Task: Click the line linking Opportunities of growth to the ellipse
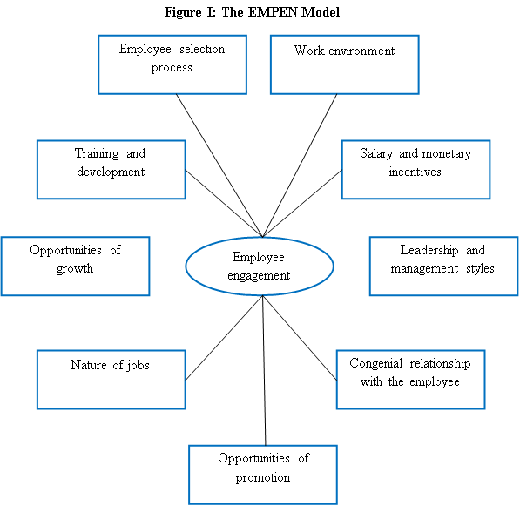(167, 266)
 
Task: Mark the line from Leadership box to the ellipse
(352, 266)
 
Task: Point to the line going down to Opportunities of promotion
(264, 370)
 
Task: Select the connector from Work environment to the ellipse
(300, 165)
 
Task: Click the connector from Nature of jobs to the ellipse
(224, 338)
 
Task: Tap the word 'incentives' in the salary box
(415, 172)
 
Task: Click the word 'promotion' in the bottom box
(263, 477)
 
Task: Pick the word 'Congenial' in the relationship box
(376, 364)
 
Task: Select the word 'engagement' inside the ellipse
(259, 276)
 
